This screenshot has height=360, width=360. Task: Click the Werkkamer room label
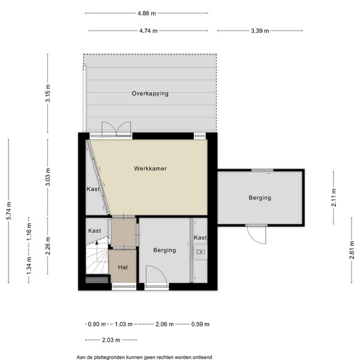tap(151, 168)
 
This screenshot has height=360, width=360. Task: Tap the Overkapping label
tap(150, 94)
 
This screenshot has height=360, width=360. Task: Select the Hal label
tap(123, 267)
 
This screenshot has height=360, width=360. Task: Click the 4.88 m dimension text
tap(147, 13)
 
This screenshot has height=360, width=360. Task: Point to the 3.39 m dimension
tap(260, 31)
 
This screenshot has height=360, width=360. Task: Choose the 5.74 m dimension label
tap(9, 211)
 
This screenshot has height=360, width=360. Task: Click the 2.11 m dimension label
tap(334, 197)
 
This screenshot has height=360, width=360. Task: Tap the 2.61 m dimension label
tap(352, 250)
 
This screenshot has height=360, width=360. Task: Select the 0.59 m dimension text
tap(200, 324)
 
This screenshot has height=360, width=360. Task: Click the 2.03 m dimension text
tap(111, 340)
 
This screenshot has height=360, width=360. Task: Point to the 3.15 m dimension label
tap(48, 93)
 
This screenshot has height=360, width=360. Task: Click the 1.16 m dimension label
tap(29, 232)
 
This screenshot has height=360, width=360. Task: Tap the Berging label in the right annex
tap(260, 197)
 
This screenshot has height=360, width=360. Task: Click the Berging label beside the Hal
tap(164, 250)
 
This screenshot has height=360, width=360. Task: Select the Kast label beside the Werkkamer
tap(93, 189)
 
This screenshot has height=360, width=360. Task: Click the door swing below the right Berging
tap(257, 235)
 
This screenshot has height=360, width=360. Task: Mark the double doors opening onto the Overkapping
tap(116, 129)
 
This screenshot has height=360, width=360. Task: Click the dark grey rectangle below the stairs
tap(97, 280)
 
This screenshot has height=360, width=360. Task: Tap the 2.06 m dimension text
tap(164, 324)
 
